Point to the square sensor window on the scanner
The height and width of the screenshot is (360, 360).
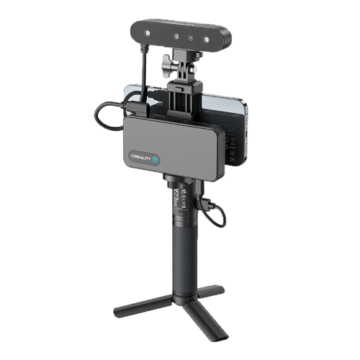pyautogui.click(x=174, y=36)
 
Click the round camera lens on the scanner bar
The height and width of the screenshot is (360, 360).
pyautogui.click(x=190, y=37)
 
